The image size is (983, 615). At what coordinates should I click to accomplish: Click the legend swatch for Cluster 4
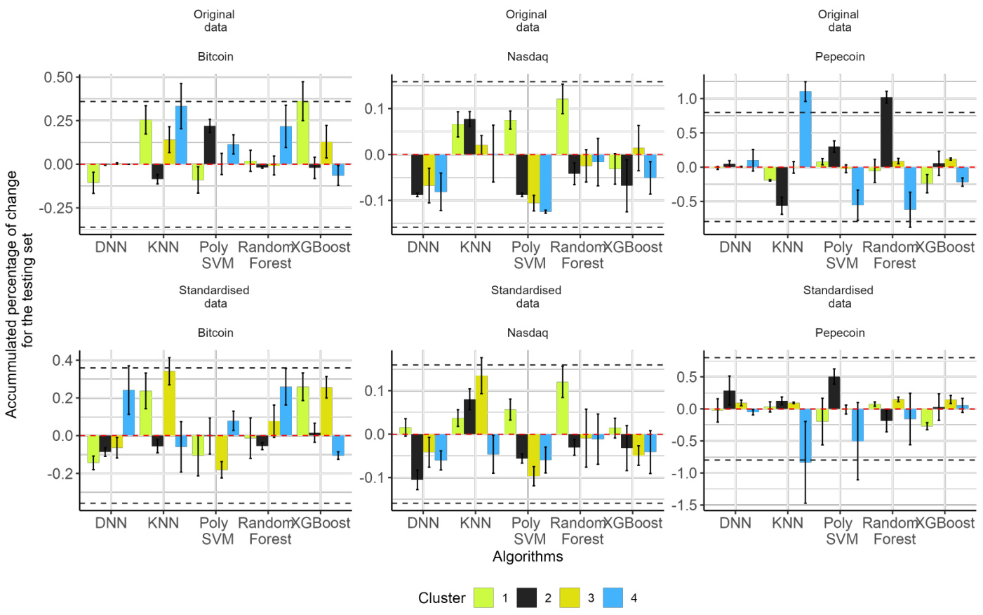click(x=613, y=597)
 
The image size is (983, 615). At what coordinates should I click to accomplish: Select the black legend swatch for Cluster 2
click(x=527, y=597)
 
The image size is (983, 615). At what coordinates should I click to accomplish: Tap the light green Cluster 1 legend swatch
click(x=483, y=597)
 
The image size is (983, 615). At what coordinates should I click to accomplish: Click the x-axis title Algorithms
click(x=528, y=557)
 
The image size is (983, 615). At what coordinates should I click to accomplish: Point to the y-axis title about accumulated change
click(x=19, y=294)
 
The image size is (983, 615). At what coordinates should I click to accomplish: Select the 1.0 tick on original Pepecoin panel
click(x=687, y=99)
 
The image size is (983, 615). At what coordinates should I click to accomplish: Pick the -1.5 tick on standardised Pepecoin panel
click(x=684, y=505)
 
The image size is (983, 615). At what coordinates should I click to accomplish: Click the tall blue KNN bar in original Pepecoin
click(x=805, y=129)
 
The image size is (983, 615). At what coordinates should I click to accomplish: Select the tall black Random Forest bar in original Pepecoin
click(x=886, y=132)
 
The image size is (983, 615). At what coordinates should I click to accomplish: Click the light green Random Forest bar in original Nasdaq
click(x=562, y=126)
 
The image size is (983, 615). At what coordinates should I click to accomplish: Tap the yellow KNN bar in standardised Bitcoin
click(x=169, y=404)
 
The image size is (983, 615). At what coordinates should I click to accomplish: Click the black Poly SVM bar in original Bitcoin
click(x=210, y=145)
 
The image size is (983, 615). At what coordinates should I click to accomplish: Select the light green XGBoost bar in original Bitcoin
click(x=302, y=133)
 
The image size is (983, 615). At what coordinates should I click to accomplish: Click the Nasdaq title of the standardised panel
click(x=527, y=333)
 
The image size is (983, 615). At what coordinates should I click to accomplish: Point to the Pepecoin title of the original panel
click(x=839, y=57)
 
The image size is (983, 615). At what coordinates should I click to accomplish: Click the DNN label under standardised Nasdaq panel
click(x=423, y=523)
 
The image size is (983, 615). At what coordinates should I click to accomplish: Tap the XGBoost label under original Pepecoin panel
click(x=944, y=247)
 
